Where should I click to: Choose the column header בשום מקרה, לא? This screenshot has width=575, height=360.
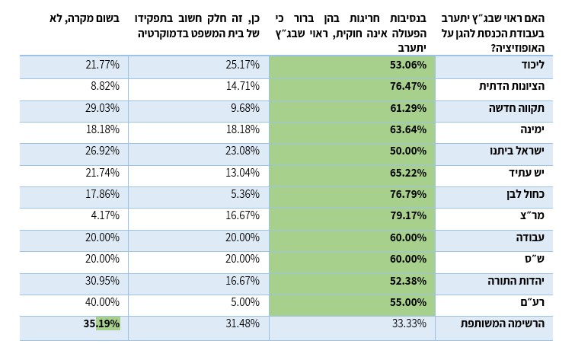pyautogui.click(x=80, y=17)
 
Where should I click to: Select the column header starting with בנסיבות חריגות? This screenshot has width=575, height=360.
pyautogui.click(x=352, y=32)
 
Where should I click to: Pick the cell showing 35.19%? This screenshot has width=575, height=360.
pyautogui.click(x=102, y=323)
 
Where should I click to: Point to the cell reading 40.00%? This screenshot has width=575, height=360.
pyautogui.click(x=102, y=302)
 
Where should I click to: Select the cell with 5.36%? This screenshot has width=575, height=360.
pyautogui.click(x=245, y=194)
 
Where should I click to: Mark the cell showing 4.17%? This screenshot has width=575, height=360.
pyautogui.click(x=104, y=215)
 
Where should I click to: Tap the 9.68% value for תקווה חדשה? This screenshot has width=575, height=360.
pyautogui.click(x=245, y=108)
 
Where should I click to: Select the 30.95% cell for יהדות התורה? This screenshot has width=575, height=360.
pyautogui.click(x=102, y=280)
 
